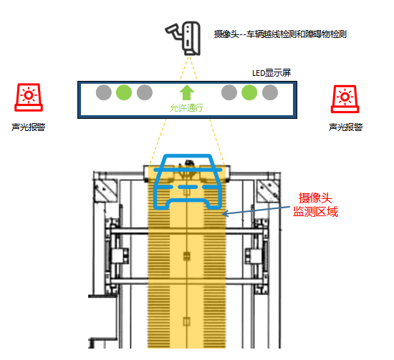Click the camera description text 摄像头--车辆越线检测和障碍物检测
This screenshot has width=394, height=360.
[280, 34]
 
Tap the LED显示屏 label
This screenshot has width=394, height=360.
[272, 73]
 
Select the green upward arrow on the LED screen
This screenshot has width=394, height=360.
[187, 92]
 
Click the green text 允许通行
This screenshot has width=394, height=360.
[186, 107]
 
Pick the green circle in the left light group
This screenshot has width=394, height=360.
[124, 92]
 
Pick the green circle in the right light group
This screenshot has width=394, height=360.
[249, 92]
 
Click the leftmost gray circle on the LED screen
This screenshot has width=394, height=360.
[104, 92]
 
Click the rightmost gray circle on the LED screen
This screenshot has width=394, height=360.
[270, 92]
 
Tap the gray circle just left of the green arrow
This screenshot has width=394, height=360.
[145, 92]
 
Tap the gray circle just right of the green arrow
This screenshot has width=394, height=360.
[229, 92]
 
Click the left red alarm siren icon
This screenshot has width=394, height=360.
[29, 97]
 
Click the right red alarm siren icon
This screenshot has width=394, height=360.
[345, 99]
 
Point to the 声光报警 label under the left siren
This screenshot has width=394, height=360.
[29, 127]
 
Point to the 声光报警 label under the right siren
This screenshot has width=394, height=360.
[345, 127]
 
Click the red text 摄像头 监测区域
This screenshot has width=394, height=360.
[315, 205]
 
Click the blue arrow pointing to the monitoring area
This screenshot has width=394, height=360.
[256, 210]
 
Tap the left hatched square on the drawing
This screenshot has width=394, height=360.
[105, 190]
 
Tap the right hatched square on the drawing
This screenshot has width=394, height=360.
[269, 190]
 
